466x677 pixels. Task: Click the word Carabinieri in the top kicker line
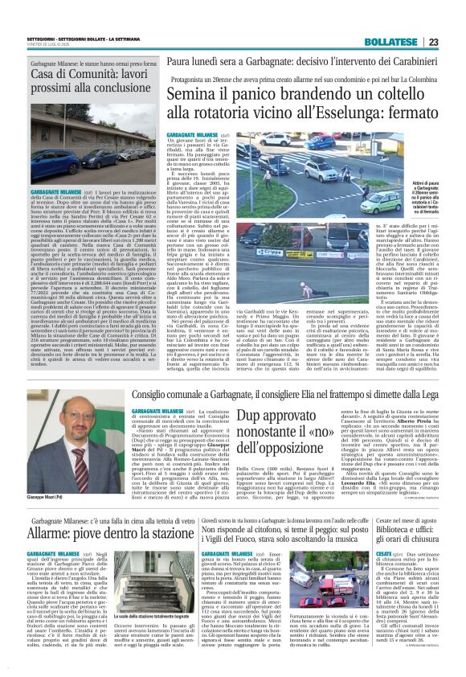(x=413, y=60)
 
